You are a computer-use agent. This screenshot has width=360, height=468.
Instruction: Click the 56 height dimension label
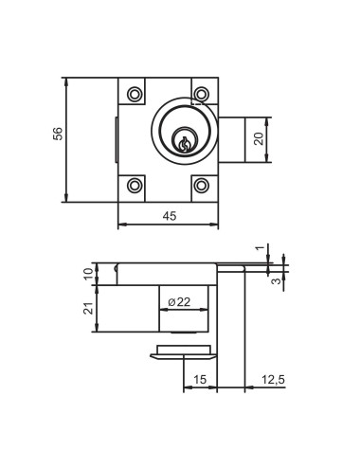coord(58,134)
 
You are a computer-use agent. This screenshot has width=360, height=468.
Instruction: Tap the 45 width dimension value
coord(170,216)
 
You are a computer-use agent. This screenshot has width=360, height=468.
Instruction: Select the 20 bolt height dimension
coord(259,139)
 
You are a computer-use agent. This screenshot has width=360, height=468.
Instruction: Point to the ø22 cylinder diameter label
coord(179,302)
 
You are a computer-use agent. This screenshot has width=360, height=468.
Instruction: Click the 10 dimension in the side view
coord(90,274)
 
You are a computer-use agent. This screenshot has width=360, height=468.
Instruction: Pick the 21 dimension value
coord(90,309)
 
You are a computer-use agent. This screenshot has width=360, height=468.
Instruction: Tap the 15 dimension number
coord(200,379)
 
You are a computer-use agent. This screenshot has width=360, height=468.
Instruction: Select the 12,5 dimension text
coord(273,379)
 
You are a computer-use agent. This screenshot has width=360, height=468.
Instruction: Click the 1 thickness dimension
coord(260,248)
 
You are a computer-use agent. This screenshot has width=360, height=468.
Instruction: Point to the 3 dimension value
coord(277,280)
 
